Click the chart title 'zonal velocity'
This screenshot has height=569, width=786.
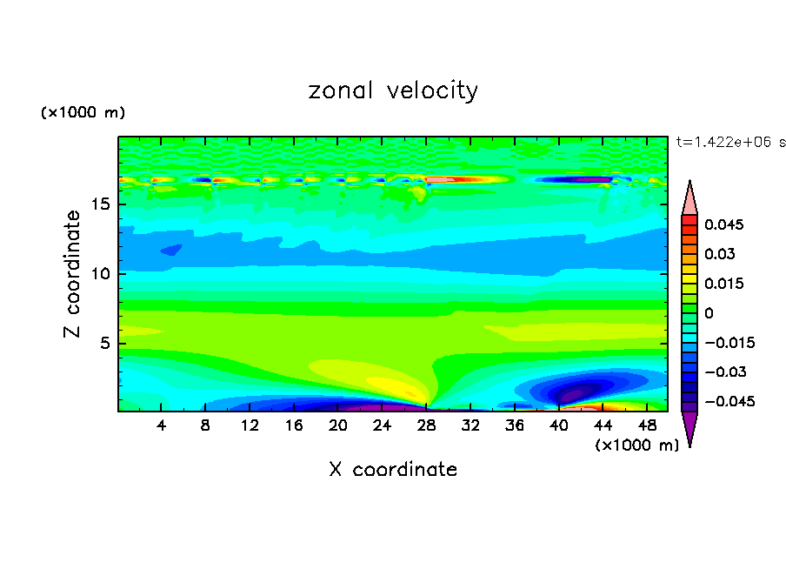tap(393, 90)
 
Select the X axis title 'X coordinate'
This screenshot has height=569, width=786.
tap(393, 470)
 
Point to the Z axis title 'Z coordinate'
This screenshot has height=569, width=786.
tap(74, 274)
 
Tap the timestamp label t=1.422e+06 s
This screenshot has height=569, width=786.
tap(730, 142)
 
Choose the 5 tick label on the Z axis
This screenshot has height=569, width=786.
tap(103, 343)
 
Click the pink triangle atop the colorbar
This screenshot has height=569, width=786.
tap(689, 199)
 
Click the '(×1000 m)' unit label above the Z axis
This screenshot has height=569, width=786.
tap(83, 113)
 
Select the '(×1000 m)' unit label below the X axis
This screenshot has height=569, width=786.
tap(636, 445)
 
